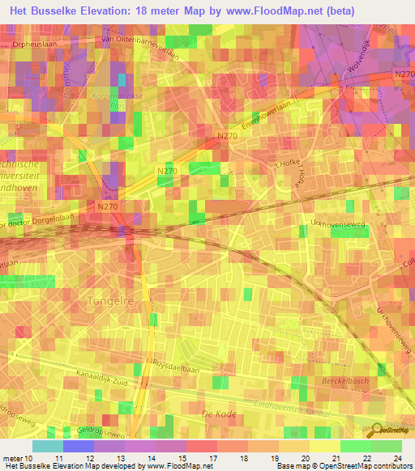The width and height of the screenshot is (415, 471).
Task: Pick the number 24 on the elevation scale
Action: (x=397, y=458)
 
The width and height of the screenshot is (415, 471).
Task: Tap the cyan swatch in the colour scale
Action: (x=47, y=446)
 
